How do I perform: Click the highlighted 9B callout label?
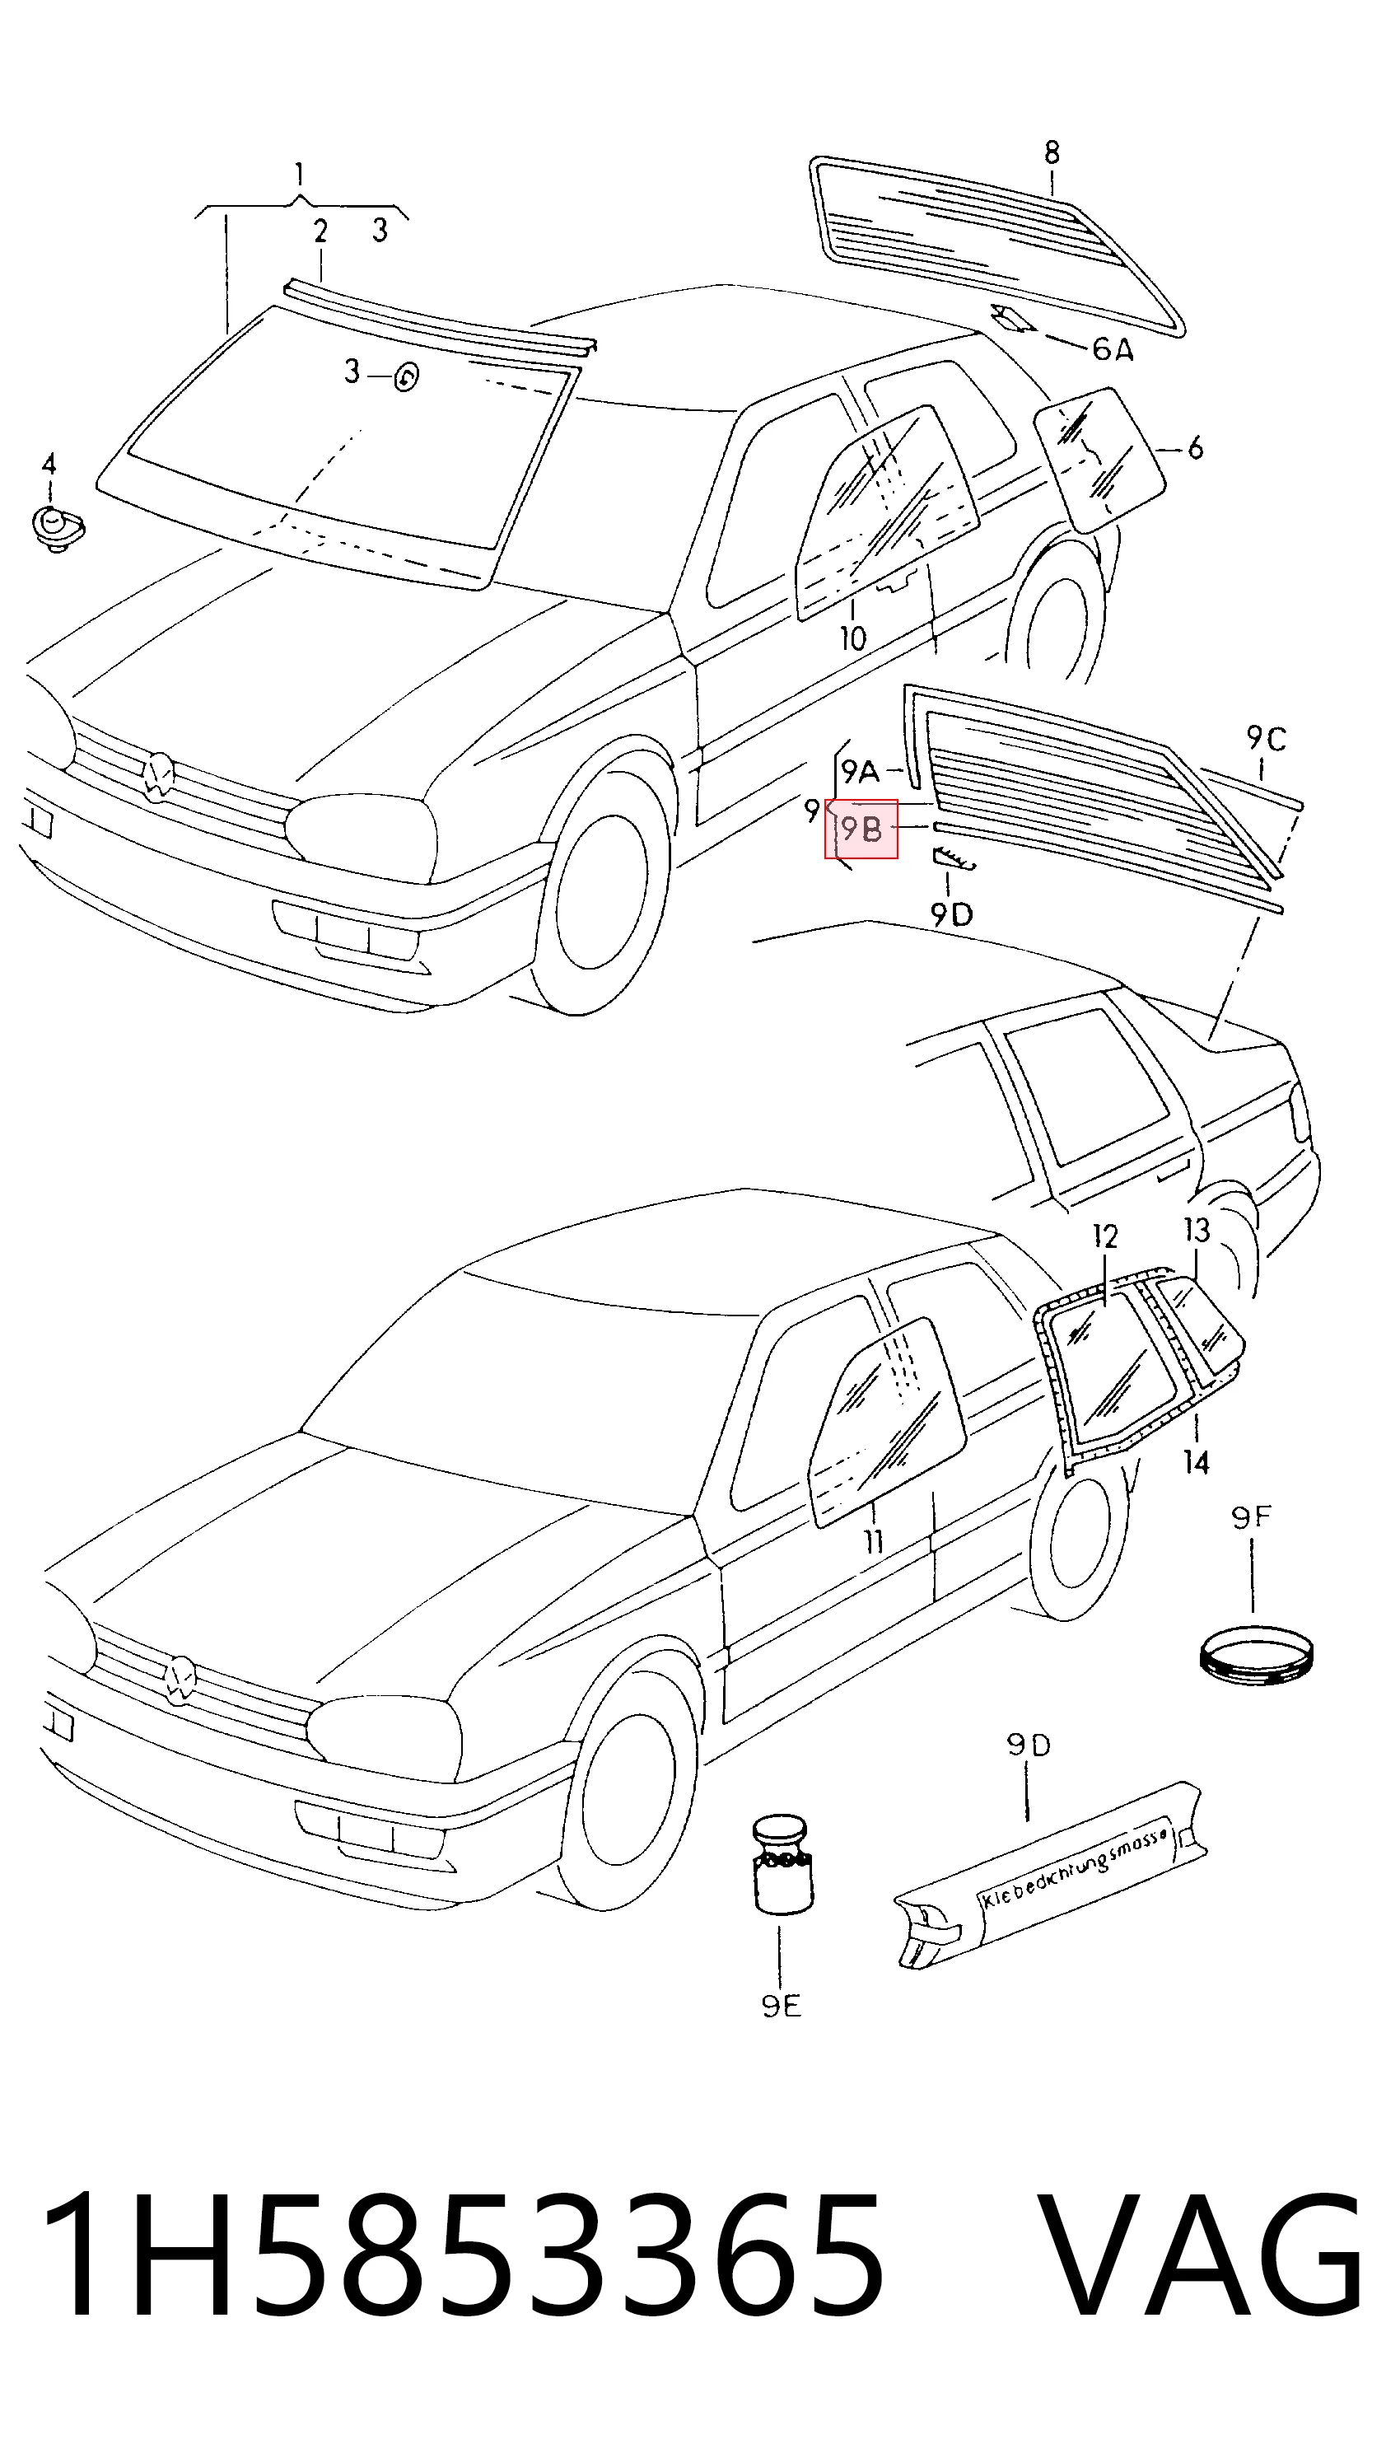[861, 829]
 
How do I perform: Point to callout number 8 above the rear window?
[1052, 152]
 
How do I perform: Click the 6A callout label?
[1113, 348]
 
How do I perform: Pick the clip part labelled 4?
[57, 528]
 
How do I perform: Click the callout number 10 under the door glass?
[853, 638]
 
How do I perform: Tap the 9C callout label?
[1267, 739]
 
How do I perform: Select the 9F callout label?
[1252, 1517]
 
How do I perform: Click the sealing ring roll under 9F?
[1258, 1656]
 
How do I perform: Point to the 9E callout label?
[781, 2005]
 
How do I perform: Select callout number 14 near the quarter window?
[1196, 1463]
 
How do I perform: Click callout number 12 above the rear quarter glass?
[1106, 1236]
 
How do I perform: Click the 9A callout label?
[860, 771]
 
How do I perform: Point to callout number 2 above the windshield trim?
[320, 231]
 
